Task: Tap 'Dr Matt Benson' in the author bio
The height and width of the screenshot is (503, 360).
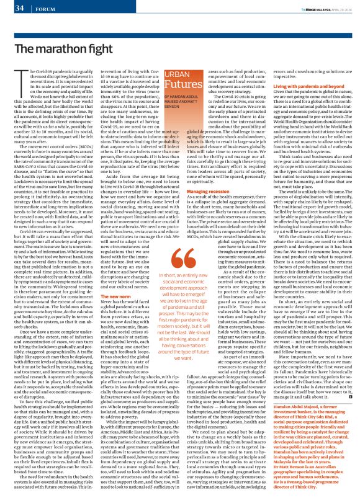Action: click(x=295, y=471)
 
